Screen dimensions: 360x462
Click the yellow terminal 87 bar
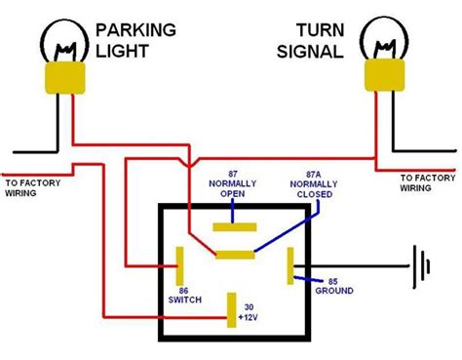(234, 222)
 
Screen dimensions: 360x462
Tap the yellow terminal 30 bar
(230, 308)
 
